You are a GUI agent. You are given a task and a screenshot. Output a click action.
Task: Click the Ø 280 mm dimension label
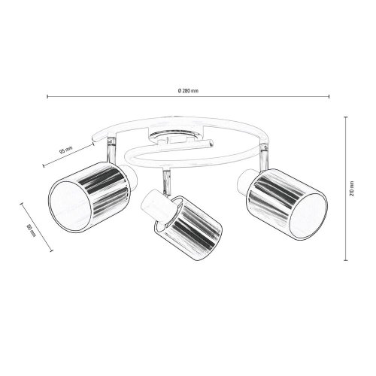pos(188,91)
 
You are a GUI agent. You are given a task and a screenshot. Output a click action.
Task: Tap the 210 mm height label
pos(352,188)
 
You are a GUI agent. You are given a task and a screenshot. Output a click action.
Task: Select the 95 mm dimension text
pos(65,150)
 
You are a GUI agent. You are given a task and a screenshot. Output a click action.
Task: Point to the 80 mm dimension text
pos(32,231)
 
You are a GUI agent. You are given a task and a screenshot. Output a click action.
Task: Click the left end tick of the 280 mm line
pos(47,96)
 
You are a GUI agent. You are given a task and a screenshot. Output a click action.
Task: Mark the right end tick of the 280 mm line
pos(329,96)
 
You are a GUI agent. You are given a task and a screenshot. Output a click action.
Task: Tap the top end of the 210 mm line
pos(346,117)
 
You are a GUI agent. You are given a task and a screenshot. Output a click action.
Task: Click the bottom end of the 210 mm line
pos(346,260)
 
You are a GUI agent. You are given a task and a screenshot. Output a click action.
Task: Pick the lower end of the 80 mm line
pos(52,250)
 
